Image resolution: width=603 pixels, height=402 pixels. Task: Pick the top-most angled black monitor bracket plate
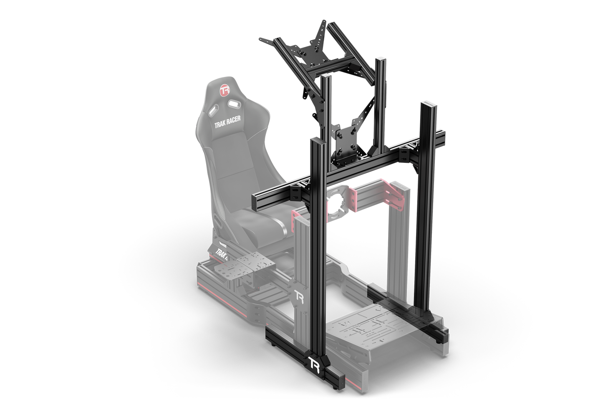point(321,35)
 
